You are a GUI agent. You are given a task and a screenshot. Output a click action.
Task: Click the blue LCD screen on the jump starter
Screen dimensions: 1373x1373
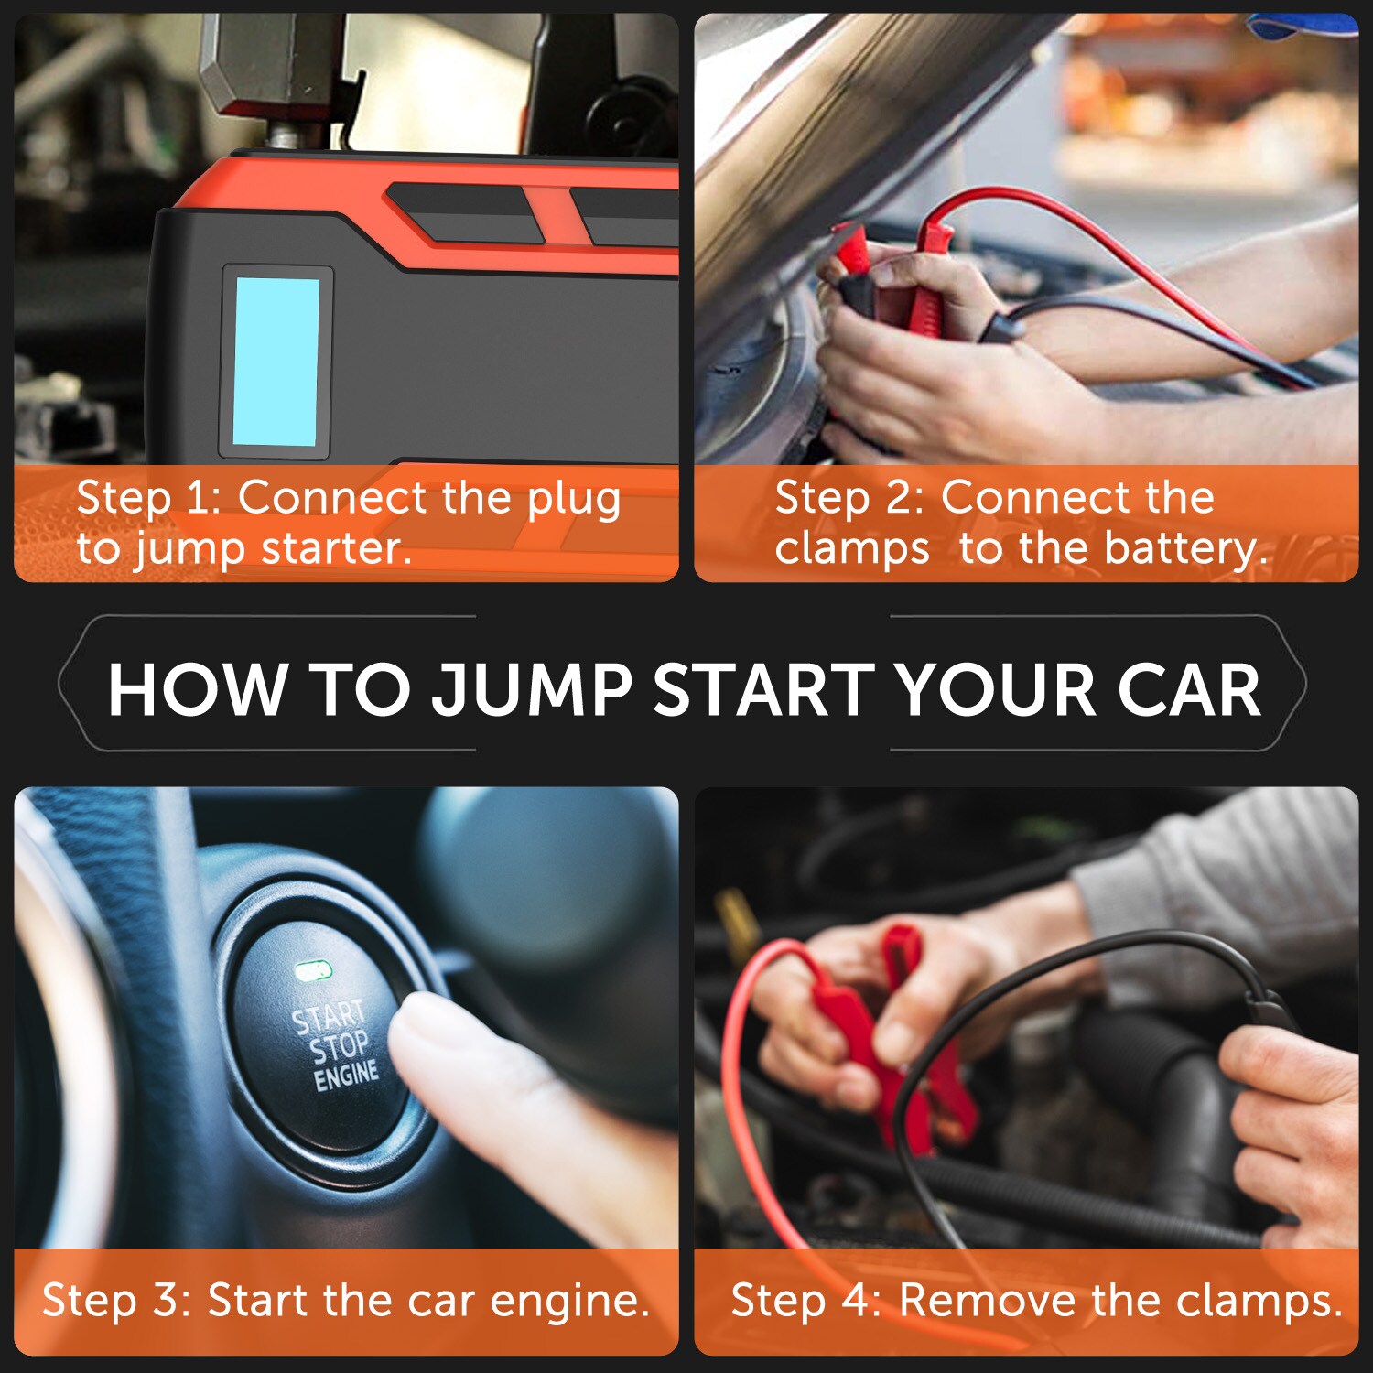click(276, 362)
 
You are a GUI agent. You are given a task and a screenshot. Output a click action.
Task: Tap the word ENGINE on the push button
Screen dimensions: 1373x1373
click(346, 1075)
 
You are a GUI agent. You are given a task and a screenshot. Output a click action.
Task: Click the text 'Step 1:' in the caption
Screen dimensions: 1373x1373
click(149, 498)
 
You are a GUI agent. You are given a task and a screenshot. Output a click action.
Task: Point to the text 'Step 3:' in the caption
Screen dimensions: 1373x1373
click(116, 1300)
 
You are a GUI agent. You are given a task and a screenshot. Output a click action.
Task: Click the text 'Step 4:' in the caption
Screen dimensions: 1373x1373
click(805, 1300)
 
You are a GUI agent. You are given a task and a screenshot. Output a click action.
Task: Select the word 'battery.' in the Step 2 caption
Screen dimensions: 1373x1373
click(1186, 548)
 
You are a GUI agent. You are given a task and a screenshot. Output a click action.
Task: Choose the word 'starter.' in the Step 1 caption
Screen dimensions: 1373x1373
click(337, 549)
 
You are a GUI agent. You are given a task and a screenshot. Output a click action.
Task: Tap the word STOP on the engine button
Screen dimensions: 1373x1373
click(340, 1046)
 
